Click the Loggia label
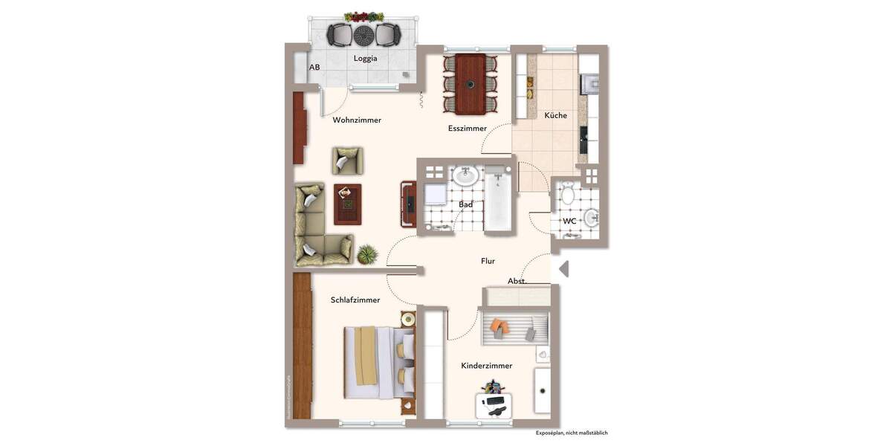click(x=365, y=59)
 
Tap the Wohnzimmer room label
click(x=357, y=120)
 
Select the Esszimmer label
click(x=467, y=129)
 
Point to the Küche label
click(x=555, y=115)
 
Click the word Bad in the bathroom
click(x=466, y=204)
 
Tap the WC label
click(x=569, y=221)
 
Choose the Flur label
click(x=488, y=261)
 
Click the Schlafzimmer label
click(x=355, y=300)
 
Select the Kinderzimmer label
click(x=486, y=366)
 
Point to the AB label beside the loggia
click(x=314, y=68)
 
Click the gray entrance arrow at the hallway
click(x=563, y=268)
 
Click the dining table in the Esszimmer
click(x=471, y=83)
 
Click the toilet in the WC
click(x=568, y=195)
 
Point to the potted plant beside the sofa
click(x=366, y=255)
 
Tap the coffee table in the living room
click(x=347, y=204)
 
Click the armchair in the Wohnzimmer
click(x=347, y=161)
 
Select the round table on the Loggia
click(x=364, y=35)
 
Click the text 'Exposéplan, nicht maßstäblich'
click(x=571, y=433)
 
